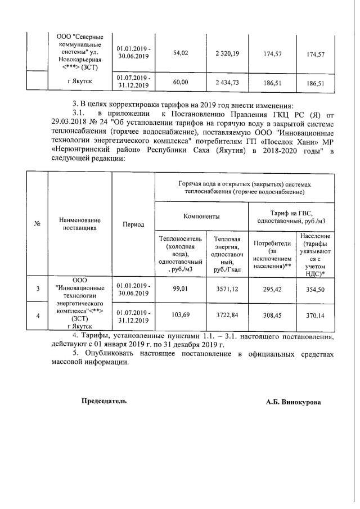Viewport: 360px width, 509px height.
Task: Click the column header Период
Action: point(133,224)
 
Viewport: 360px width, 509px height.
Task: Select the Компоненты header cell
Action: point(201,216)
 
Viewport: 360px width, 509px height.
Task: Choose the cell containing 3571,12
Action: point(227,289)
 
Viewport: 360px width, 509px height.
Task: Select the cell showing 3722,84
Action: point(227,316)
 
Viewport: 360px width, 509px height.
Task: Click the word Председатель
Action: point(104,401)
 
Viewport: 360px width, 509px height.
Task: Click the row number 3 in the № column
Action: point(38,289)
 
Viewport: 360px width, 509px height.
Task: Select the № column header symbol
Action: point(38,224)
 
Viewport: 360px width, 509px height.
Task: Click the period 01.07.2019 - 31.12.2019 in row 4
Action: point(133,316)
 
